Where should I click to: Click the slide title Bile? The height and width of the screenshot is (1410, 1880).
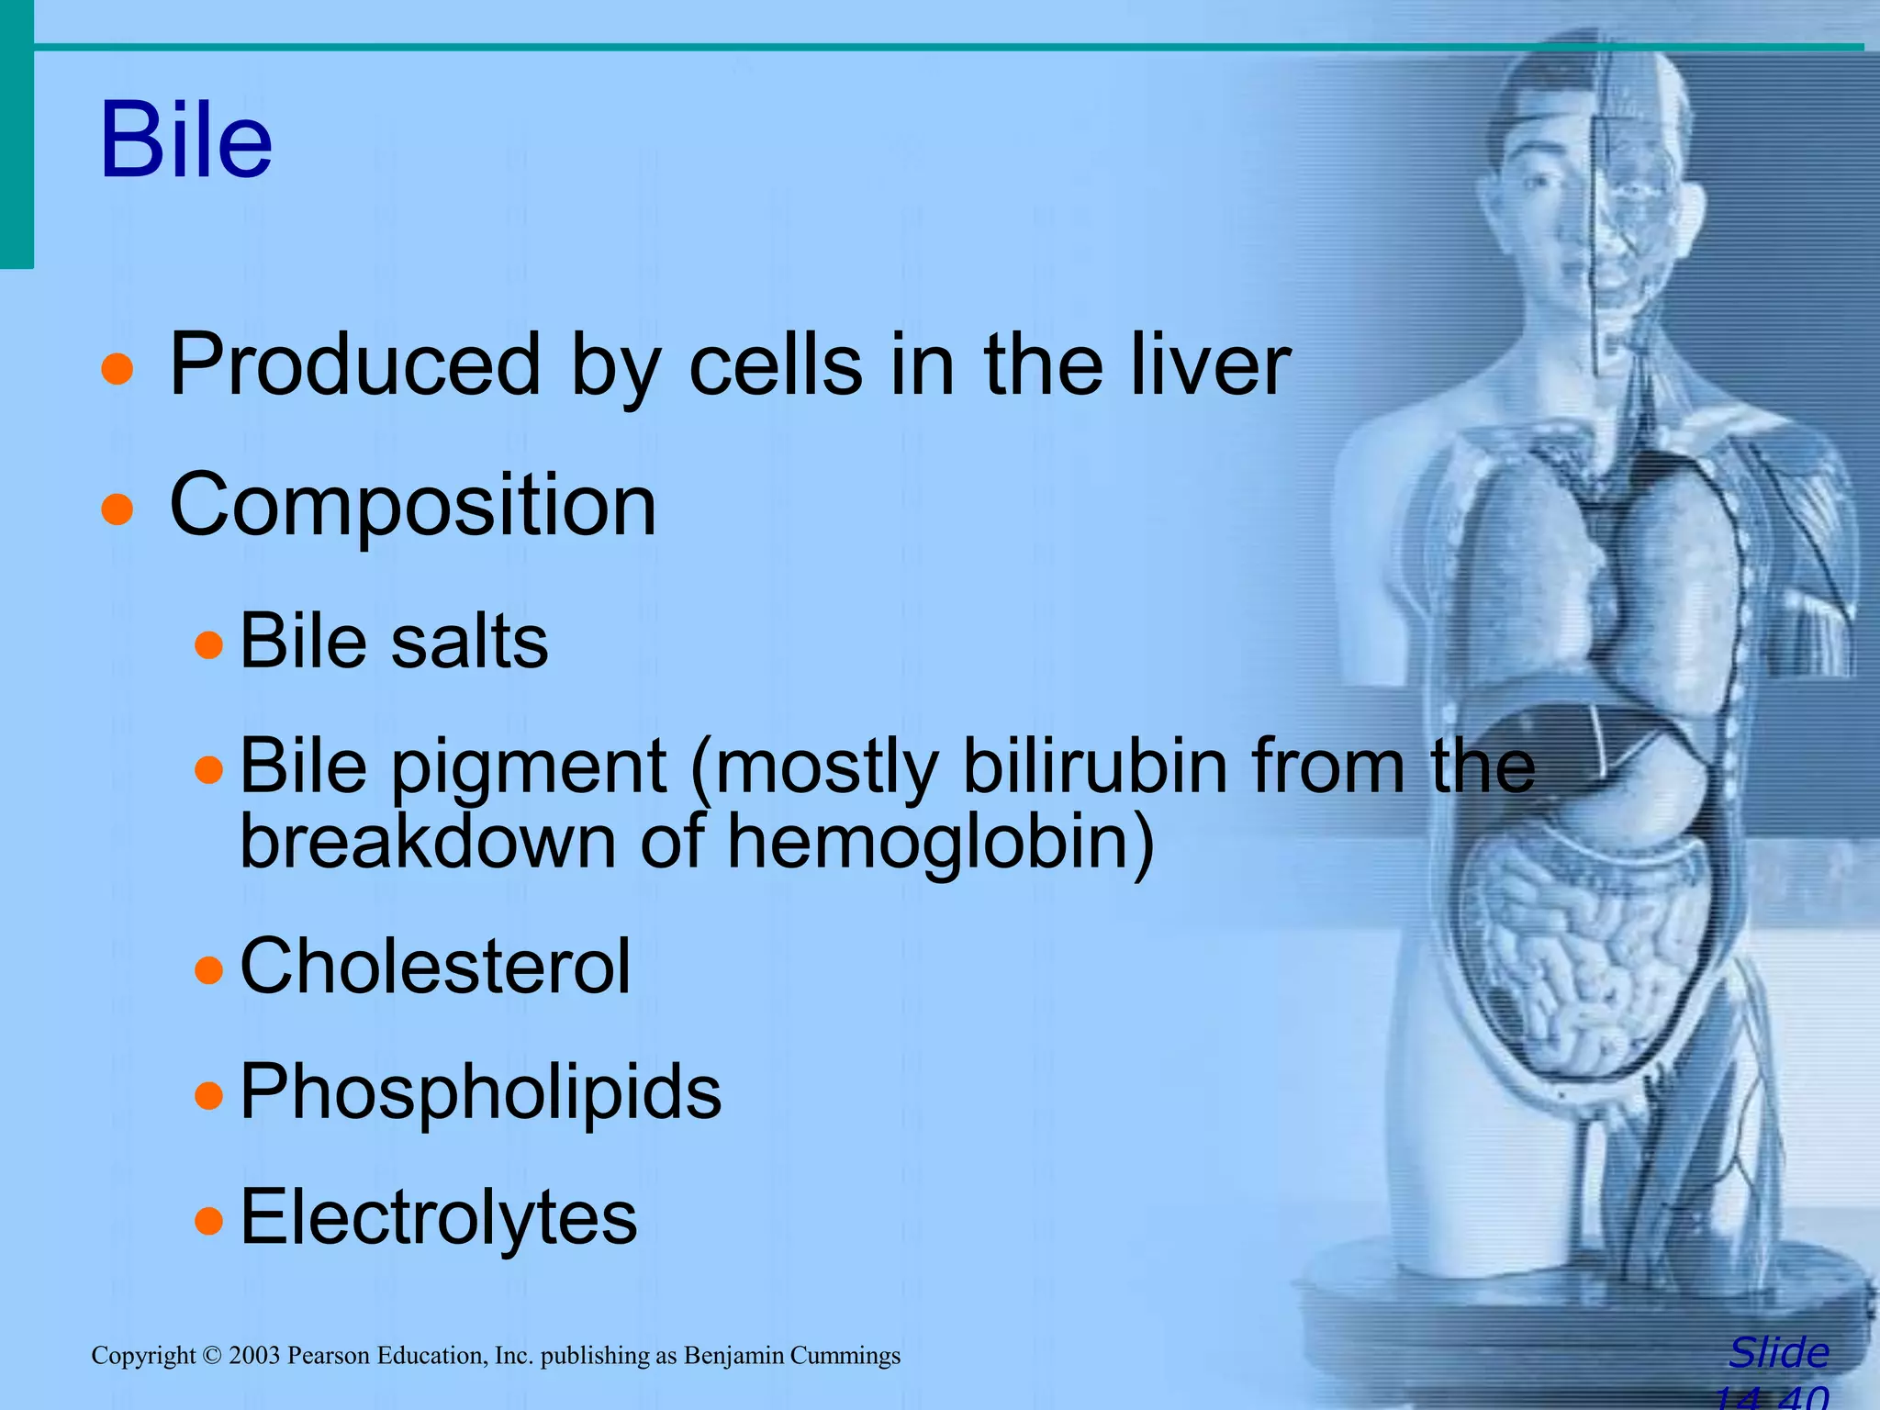tap(186, 140)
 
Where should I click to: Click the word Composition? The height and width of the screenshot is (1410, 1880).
tap(413, 505)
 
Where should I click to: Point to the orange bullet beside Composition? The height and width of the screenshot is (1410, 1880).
tap(117, 508)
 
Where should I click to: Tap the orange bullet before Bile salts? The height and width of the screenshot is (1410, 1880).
tap(209, 644)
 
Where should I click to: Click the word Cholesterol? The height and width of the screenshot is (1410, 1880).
tap(435, 967)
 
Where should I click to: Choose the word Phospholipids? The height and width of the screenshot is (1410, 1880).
tap(480, 1092)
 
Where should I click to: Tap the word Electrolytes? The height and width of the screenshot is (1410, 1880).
tap(438, 1218)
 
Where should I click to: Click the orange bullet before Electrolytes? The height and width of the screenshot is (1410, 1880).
tap(209, 1221)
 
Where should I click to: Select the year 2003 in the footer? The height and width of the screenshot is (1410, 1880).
tap(254, 1356)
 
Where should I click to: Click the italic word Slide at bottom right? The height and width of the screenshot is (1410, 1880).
tap(1778, 1353)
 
